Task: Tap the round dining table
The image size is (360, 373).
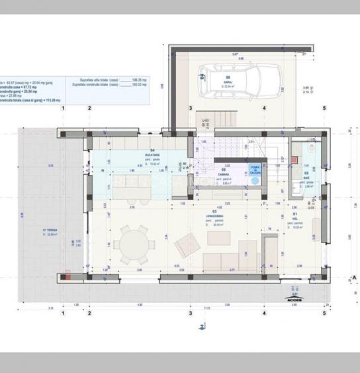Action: pos(134,242)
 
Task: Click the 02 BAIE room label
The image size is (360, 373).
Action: pos(306,176)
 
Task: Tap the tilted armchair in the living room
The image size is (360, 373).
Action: pos(187,247)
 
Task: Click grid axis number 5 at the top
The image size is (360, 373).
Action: pos(324,108)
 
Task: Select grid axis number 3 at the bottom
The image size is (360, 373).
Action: pos(190,313)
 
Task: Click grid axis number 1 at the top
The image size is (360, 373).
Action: pos(63,108)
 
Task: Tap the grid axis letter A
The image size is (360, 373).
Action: pos(336,279)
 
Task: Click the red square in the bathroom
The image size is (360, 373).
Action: pos(292,159)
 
